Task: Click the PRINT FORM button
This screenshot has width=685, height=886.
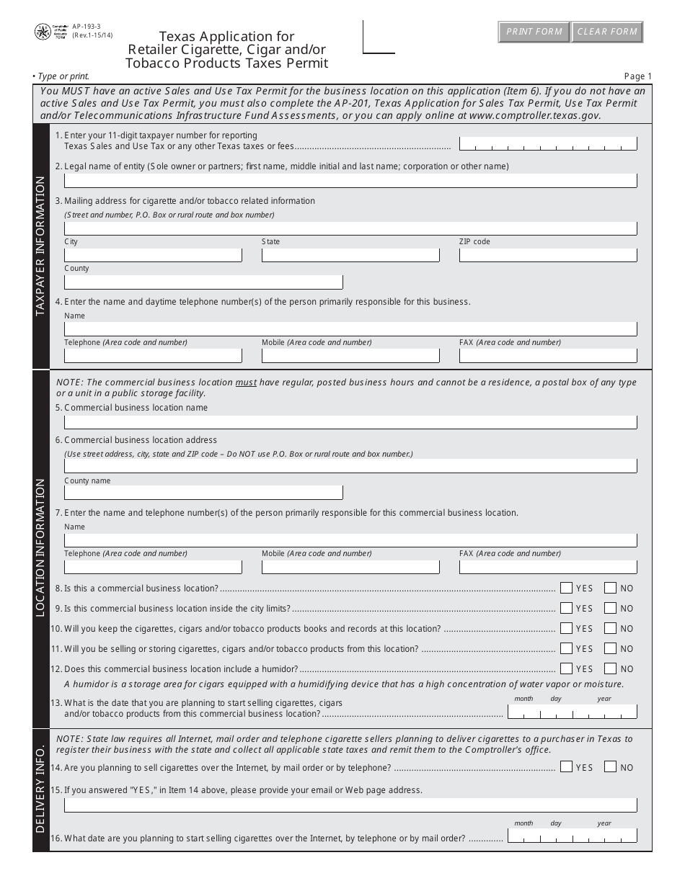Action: click(x=534, y=32)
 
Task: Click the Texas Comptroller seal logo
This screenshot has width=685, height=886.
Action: click(x=43, y=32)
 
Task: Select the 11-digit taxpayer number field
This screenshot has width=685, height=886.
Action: click(x=548, y=144)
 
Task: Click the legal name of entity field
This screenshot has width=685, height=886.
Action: click(x=350, y=180)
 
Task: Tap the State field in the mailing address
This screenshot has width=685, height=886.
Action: click(x=350, y=255)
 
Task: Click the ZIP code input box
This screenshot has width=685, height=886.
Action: click(x=548, y=255)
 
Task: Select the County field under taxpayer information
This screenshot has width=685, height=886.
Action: click(x=203, y=282)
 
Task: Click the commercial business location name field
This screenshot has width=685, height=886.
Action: click(x=350, y=422)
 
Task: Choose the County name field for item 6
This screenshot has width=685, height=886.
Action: click(x=203, y=493)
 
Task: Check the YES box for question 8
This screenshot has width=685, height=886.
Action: click(x=566, y=588)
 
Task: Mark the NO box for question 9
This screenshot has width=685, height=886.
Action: click(x=611, y=608)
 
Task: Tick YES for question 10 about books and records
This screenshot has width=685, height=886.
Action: click(x=566, y=628)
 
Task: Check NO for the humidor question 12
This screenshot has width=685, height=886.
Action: click(x=611, y=668)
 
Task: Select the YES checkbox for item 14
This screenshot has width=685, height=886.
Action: click(x=566, y=767)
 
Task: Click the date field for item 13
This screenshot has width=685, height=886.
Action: click(x=573, y=712)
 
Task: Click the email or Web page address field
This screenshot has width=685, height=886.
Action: click(x=350, y=805)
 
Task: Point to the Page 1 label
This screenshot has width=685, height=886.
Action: click(x=637, y=76)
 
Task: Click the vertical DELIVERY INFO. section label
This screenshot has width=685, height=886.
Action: click(x=40, y=789)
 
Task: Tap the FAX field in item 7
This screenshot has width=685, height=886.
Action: click(x=548, y=567)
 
